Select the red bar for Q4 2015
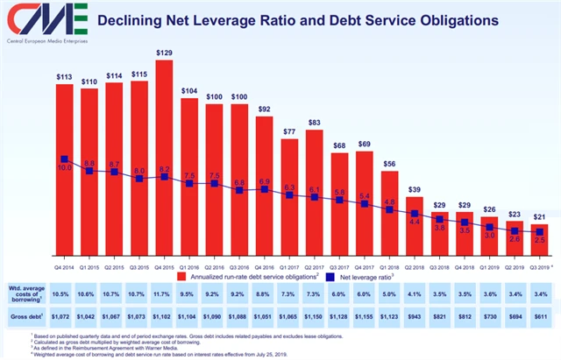pyautogui.click(x=164, y=149)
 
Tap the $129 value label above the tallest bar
pyautogui.click(x=164, y=53)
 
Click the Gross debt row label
pyautogui.click(x=27, y=314)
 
